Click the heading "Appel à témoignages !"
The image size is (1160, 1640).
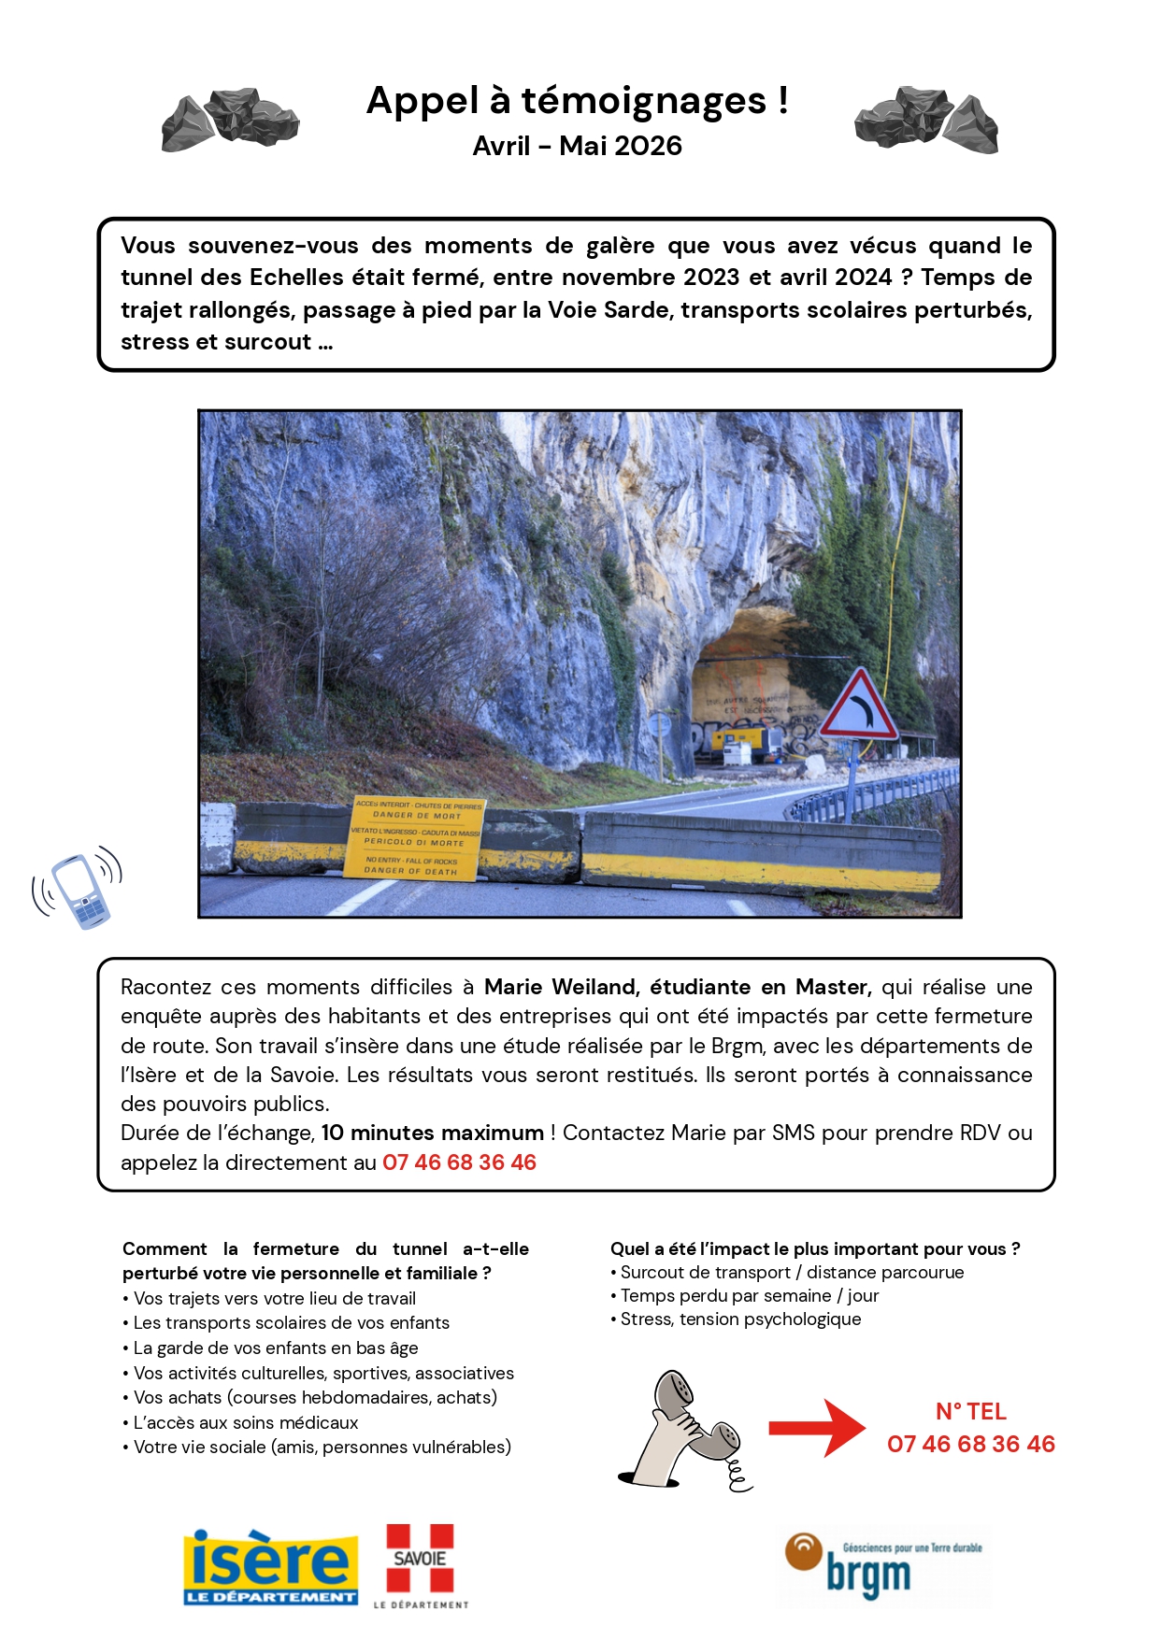click(577, 101)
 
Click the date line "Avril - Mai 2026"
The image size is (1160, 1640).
click(577, 146)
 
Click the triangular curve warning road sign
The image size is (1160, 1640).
click(859, 707)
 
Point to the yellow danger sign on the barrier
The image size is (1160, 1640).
click(416, 837)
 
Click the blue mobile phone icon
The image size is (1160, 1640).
click(79, 889)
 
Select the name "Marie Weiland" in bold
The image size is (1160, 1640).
click(559, 987)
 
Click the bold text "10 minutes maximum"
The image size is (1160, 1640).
click(433, 1133)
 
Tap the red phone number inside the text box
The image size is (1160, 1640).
click(459, 1162)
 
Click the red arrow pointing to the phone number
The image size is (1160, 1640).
click(816, 1427)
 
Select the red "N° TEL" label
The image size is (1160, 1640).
click(970, 1411)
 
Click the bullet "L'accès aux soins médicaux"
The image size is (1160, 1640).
click(246, 1422)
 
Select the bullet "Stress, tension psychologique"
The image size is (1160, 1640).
click(740, 1319)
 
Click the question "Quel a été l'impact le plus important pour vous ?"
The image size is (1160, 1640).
click(814, 1248)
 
